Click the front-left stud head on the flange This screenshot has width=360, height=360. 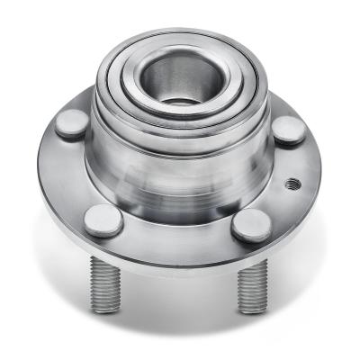[x=103, y=219]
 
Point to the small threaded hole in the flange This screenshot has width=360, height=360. [x=291, y=184]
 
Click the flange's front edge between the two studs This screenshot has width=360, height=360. [x=176, y=260]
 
